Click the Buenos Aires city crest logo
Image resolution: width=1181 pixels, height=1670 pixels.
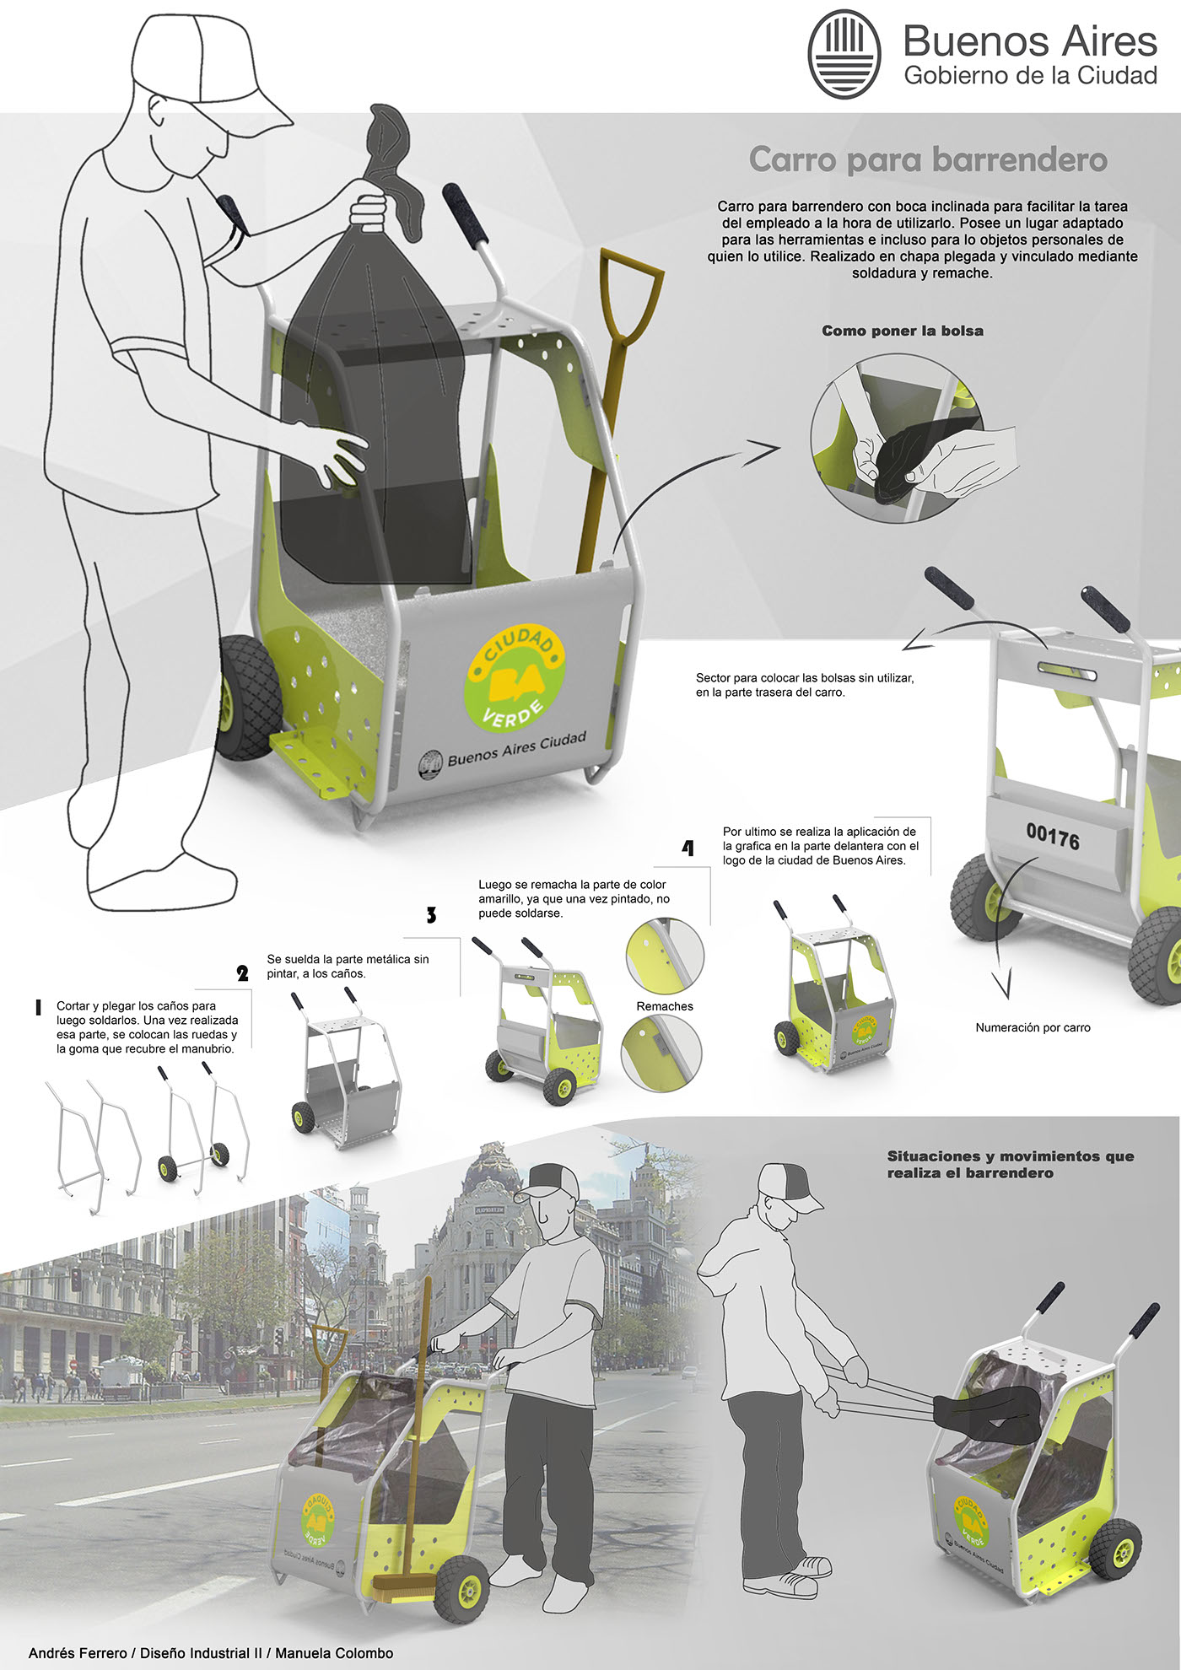(844, 55)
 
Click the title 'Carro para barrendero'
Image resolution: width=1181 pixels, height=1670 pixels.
(928, 159)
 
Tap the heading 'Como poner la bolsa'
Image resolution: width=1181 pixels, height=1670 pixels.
(903, 331)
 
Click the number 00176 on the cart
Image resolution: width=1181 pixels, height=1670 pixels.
(1053, 838)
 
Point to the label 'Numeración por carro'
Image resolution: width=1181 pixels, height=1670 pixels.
(1033, 1027)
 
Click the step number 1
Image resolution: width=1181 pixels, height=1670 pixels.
(38, 1007)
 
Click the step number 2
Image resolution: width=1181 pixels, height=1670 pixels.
(243, 973)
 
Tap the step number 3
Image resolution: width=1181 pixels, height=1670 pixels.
(431, 915)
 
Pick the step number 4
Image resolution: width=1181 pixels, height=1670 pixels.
(688, 848)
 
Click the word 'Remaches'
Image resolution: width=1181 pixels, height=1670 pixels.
(665, 1006)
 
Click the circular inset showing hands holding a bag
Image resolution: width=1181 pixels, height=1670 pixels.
(896, 439)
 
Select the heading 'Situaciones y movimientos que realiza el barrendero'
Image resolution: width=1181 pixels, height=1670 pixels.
(1011, 1164)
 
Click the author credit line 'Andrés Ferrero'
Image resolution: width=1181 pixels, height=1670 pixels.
(78, 1653)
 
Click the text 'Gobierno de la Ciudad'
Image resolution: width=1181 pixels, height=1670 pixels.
(1030, 75)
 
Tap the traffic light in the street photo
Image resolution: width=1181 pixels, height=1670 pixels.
(75, 1278)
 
